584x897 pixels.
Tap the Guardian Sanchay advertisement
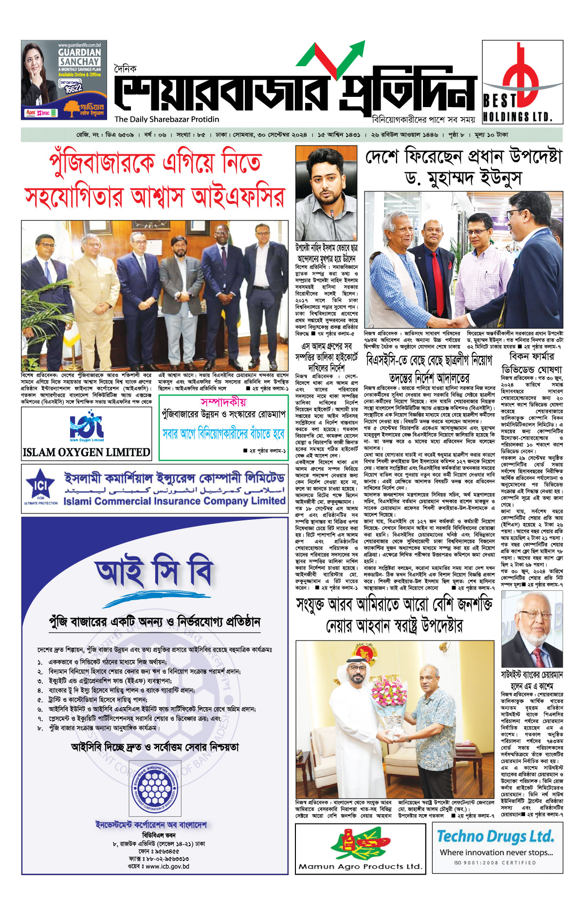(64, 80)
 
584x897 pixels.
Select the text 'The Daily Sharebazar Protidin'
(167, 119)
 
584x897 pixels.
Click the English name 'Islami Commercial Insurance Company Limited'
(174, 501)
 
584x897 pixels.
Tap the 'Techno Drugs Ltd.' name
(495, 836)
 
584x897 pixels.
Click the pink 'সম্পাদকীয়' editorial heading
(223, 402)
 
